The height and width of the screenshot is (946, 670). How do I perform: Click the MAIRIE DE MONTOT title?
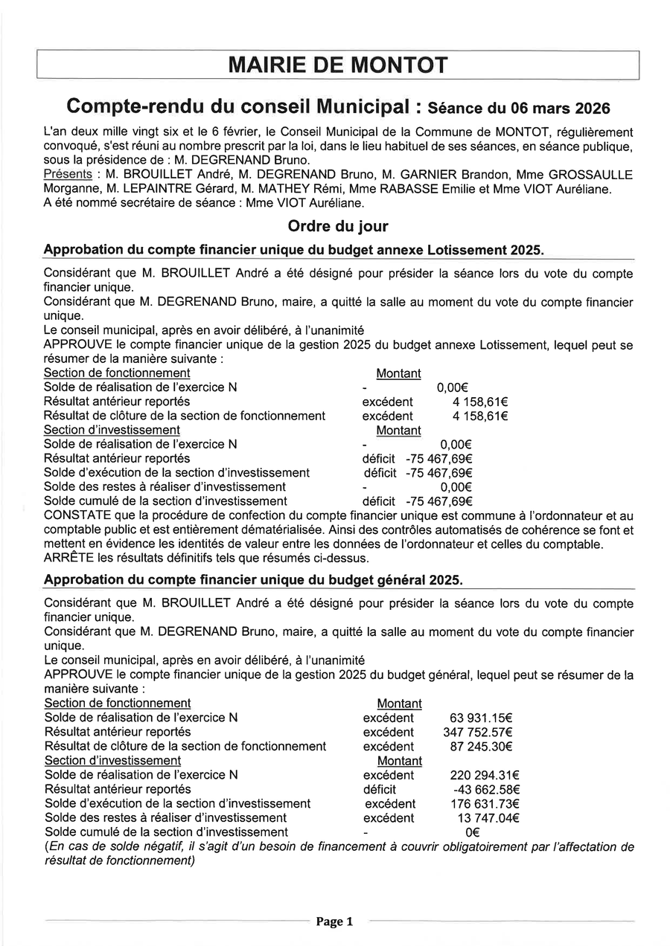[x=338, y=65]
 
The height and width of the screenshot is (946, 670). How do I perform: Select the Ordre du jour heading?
[x=338, y=225]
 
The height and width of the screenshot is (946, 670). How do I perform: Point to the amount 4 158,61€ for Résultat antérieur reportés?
[x=480, y=402]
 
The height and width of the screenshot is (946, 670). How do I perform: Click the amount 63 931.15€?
[x=481, y=718]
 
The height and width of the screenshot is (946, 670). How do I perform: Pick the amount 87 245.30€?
[x=481, y=747]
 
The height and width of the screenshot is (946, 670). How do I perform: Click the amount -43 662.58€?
[x=485, y=789]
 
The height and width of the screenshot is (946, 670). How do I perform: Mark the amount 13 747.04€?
[x=488, y=818]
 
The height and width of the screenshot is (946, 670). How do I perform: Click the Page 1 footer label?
[x=334, y=922]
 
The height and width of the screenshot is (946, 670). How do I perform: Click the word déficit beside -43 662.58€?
[x=380, y=789]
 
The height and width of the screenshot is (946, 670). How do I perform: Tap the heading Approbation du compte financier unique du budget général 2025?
[x=253, y=579]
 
